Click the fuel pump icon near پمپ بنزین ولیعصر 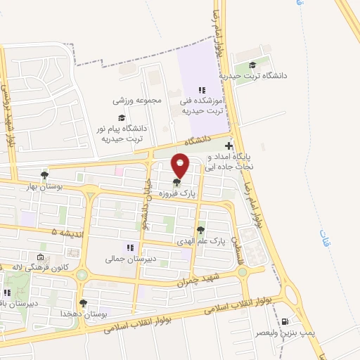click(x=285, y=322)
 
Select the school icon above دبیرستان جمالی click(x=129, y=247)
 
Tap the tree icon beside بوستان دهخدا click(x=84, y=303)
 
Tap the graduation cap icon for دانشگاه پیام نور click(x=121, y=118)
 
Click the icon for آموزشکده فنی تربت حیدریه click(x=201, y=90)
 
